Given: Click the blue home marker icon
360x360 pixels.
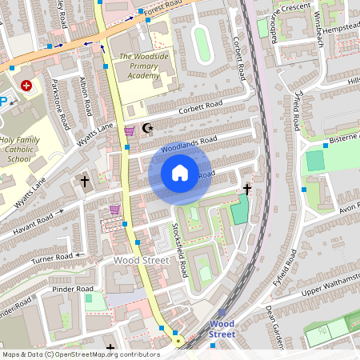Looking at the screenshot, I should point(180,173).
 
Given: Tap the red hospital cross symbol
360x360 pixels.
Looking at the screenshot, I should point(27,85).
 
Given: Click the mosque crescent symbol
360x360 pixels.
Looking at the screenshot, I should point(146,128).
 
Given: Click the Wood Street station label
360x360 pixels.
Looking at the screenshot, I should point(222,329).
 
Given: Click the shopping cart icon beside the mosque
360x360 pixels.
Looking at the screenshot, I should point(129,130).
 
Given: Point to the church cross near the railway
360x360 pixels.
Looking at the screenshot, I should point(247,190).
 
